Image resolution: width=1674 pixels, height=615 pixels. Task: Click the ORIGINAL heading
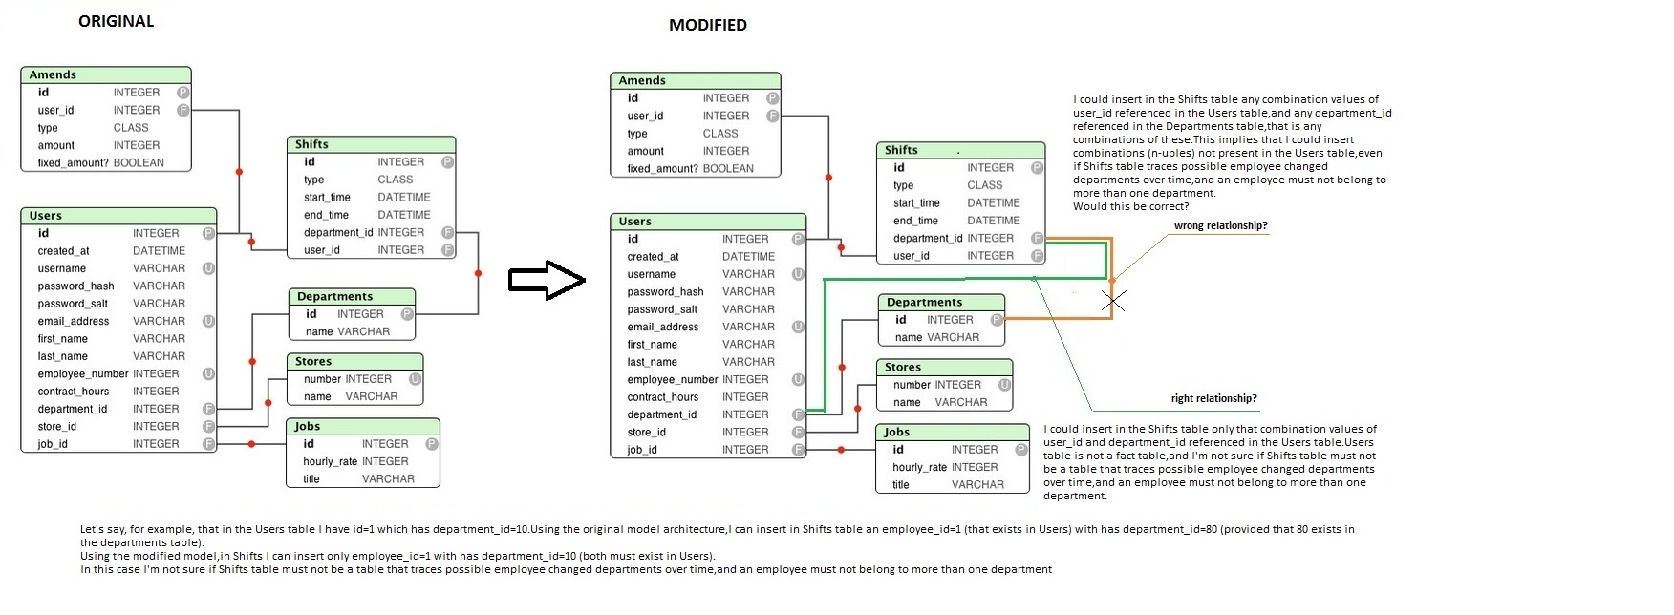(116, 21)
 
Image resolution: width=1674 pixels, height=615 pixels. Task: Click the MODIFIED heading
(707, 25)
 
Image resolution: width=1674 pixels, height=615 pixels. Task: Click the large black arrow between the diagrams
(546, 280)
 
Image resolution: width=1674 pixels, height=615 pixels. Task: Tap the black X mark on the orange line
(1112, 300)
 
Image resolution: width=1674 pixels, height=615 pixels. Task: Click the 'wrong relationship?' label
(1220, 225)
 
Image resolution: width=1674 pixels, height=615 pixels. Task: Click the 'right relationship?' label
(1213, 398)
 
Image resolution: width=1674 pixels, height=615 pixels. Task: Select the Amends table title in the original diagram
(53, 74)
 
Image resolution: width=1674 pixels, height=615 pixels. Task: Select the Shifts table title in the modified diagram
(901, 150)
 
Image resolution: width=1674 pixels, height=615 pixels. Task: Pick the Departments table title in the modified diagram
(924, 302)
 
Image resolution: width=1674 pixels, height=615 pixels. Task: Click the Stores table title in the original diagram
(313, 361)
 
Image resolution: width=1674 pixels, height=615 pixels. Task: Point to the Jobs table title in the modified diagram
(896, 432)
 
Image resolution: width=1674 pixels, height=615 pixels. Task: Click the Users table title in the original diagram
(45, 216)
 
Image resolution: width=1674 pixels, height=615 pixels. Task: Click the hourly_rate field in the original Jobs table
(330, 461)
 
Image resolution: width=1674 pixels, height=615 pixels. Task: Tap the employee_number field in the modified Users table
(672, 379)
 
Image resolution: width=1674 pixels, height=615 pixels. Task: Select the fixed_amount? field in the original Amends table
(73, 162)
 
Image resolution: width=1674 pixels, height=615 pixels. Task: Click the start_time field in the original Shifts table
(327, 197)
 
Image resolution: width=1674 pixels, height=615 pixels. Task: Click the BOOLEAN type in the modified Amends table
(728, 168)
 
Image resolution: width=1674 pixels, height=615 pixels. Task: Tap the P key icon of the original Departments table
(406, 313)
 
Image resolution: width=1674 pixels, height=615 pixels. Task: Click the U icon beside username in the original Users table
(208, 268)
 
